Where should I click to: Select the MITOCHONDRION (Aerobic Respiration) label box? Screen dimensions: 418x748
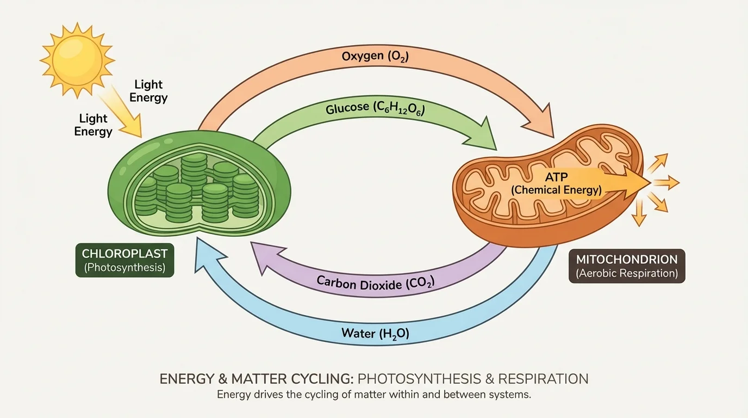pyautogui.click(x=627, y=266)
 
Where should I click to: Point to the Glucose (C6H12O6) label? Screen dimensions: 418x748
pyautogui.click(x=375, y=108)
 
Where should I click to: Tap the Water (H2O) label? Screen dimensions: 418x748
pyautogui.click(x=375, y=333)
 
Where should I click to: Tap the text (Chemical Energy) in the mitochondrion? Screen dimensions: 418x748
pyautogui.click(x=556, y=190)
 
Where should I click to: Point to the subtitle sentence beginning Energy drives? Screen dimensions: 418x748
pyautogui.click(x=373, y=395)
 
